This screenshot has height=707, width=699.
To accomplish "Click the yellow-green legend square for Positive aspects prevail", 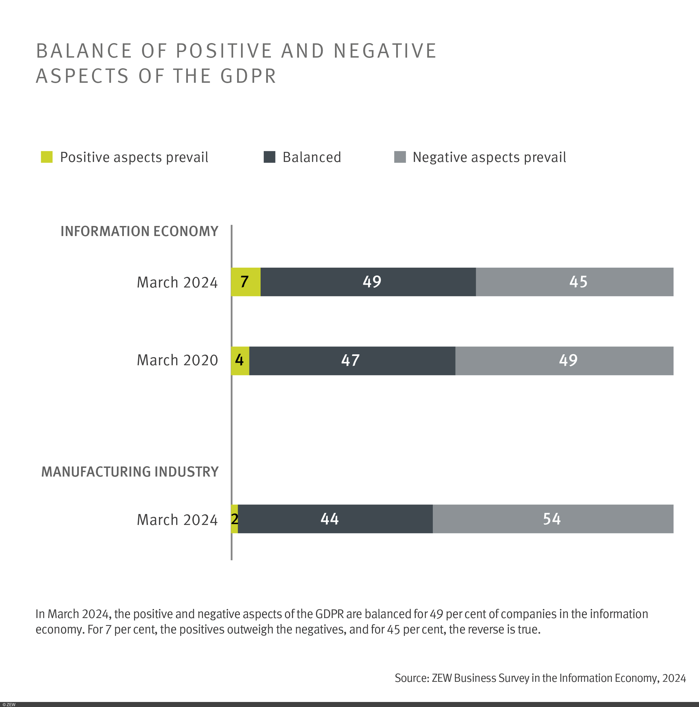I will click(47, 157).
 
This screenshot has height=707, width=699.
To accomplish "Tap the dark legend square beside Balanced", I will click(269, 157).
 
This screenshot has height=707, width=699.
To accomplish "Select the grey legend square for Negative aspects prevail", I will click(400, 157).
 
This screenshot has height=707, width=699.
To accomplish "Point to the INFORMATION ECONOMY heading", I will click(139, 232).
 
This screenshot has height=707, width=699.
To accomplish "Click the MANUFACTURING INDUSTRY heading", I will click(130, 472).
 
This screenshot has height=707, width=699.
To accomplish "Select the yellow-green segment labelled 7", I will click(246, 282).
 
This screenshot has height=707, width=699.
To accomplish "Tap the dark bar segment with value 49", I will click(368, 282).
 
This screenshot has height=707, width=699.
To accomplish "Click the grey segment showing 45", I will click(574, 282).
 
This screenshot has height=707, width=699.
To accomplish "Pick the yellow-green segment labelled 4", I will click(240, 360).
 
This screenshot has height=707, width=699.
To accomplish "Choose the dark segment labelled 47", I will click(352, 360).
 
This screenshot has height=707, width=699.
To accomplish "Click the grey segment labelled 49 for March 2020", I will click(564, 360).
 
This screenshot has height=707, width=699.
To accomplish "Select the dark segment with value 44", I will click(335, 519).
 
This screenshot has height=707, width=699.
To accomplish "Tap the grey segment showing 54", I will click(553, 519).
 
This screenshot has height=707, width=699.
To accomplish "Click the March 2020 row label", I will click(177, 360).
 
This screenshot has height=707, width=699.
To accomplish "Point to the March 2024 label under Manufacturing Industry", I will click(177, 520).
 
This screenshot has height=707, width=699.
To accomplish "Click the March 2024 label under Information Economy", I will click(177, 282).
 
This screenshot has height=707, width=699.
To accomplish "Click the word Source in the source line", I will click(412, 678).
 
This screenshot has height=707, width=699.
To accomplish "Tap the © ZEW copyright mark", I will click(9, 704).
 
